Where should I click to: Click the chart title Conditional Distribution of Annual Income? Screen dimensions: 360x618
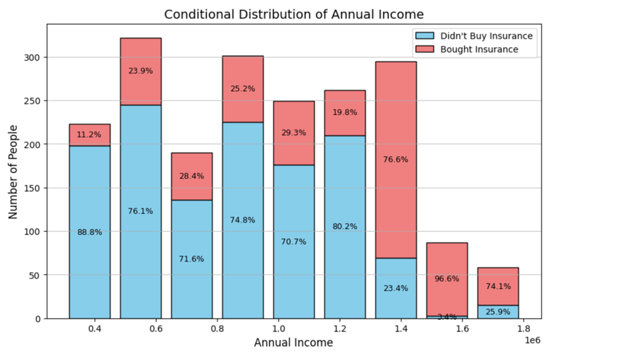294,14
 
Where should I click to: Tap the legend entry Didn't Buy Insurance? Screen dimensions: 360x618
486,36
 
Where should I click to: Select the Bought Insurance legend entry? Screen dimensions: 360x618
478,49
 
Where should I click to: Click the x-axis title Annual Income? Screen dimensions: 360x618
293,343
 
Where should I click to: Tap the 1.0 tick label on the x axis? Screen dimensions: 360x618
278,328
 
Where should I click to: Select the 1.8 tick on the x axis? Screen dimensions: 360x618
524,328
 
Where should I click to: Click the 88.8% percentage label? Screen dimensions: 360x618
89,232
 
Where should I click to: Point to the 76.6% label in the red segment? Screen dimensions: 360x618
395,159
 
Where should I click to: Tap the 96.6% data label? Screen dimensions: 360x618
447,279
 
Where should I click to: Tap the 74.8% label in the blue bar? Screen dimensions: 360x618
243,220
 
